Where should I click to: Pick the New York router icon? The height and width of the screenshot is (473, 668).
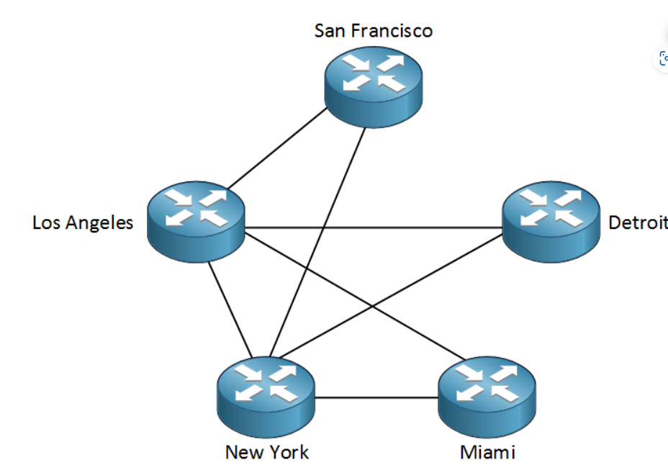point(266,395)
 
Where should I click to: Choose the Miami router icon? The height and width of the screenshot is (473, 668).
point(488,395)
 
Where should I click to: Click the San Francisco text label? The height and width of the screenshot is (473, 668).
point(374,31)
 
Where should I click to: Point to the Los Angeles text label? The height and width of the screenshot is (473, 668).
point(83,222)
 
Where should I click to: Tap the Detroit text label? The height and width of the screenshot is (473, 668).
point(638,222)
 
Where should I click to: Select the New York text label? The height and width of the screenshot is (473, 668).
point(266,452)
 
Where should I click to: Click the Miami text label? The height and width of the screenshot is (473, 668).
point(487,452)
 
